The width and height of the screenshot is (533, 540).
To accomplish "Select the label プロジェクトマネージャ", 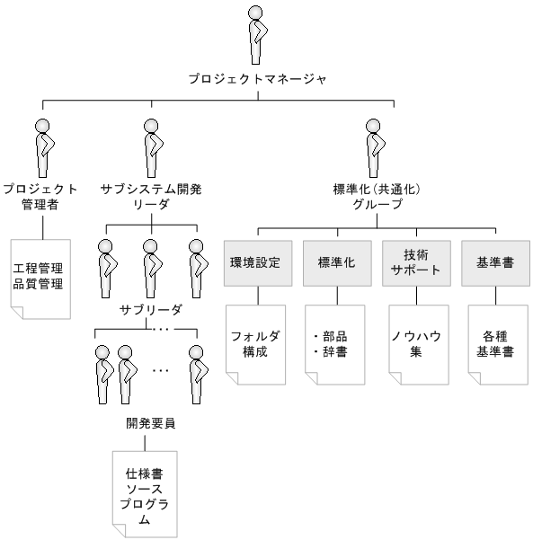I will [257, 79].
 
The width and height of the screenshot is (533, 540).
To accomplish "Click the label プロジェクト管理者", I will [40, 198].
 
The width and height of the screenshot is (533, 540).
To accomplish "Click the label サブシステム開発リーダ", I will [151, 198].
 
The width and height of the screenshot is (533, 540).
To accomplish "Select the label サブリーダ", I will [151, 310].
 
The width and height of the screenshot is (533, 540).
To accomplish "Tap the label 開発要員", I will [151, 423].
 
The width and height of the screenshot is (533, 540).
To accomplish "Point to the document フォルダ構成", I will [255, 344].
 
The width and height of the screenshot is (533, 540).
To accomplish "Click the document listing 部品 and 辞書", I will [334, 344].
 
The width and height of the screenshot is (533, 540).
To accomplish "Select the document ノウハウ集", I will [414, 344].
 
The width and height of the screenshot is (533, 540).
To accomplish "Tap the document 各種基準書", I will [493, 344].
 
